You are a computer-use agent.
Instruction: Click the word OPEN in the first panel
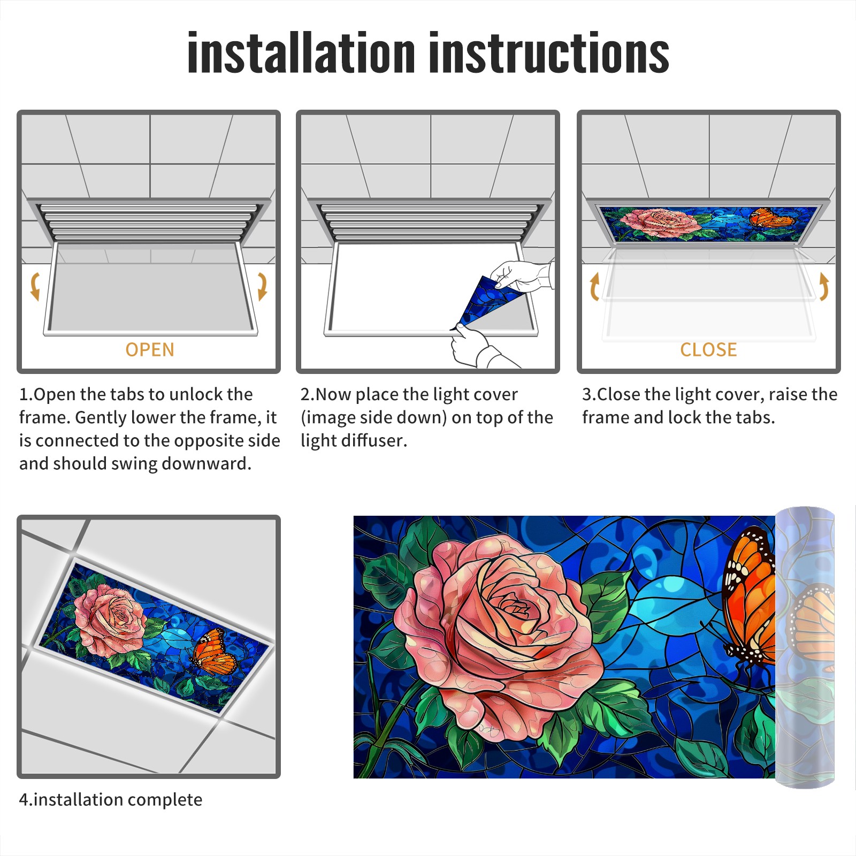click(150, 350)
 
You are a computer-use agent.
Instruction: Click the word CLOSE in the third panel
click(708, 350)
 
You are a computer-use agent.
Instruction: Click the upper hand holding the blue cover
click(522, 276)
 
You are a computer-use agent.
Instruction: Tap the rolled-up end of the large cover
click(805, 647)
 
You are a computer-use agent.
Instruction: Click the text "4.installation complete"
click(111, 800)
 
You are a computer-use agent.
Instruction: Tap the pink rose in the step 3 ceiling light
click(661, 222)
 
